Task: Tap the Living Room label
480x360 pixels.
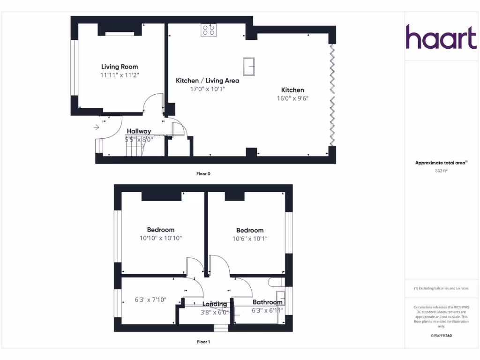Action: [x=120, y=67]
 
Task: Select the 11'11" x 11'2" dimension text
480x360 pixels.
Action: [x=120, y=75]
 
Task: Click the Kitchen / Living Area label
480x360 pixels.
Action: [x=207, y=81]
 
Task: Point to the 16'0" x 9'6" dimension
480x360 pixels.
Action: [x=292, y=98]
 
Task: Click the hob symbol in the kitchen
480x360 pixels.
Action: [x=209, y=30]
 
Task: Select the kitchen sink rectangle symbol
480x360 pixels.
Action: [x=248, y=66]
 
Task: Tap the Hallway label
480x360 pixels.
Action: [x=139, y=131]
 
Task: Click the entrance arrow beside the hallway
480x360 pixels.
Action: [x=97, y=127]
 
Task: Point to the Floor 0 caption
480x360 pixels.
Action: [x=203, y=174]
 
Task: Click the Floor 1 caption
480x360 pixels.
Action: [x=203, y=342]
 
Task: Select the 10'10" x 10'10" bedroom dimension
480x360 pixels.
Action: [x=161, y=238]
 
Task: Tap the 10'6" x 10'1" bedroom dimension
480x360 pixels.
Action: [x=250, y=239]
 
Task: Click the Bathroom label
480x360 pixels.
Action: [x=267, y=302]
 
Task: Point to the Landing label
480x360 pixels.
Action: [x=214, y=304]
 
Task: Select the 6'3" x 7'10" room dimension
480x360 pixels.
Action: [x=150, y=300]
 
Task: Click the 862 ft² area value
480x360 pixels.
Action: [x=441, y=171]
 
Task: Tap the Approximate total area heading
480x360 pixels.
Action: [x=441, y=163]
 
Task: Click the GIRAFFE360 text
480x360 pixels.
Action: [x=441, y=336]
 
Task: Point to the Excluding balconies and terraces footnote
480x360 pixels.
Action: [x=441, y=288]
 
